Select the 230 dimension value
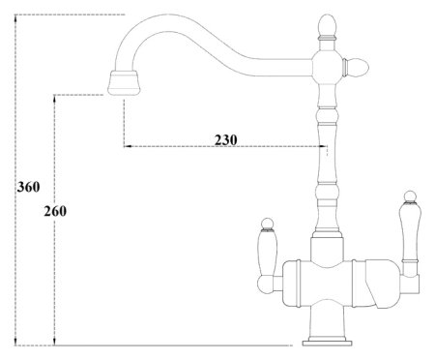(x=225, y=138)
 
